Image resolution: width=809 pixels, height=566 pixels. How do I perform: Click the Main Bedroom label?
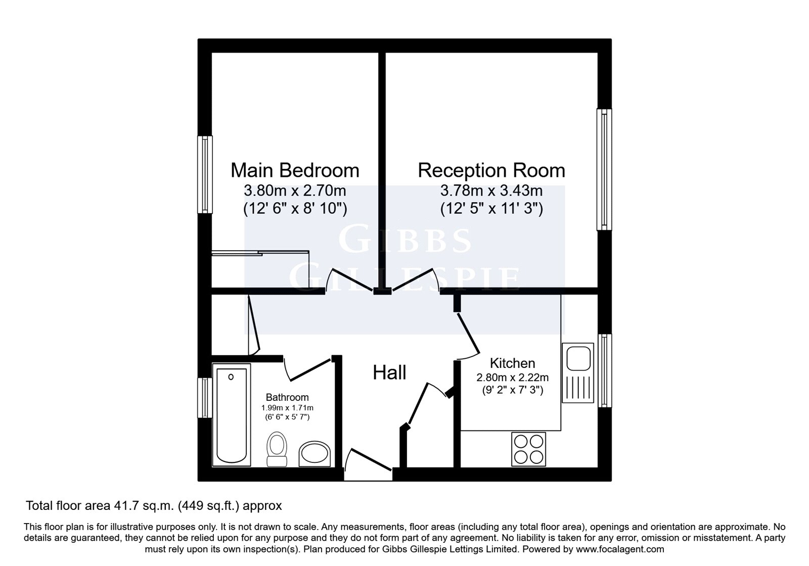click(x=295, y=170)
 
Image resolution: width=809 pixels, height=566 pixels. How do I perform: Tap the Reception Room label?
click(x=491, y=170)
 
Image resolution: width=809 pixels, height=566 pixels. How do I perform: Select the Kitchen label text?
click(x=512, y=363)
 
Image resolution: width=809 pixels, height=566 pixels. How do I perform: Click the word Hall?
click(x=389, y=372)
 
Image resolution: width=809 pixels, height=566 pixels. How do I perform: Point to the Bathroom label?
click(x=287, y=397)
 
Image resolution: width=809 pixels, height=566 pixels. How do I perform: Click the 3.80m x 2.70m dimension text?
click(x=295, y=191)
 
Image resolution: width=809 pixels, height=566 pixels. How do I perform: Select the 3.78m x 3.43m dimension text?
click(x=491, y=191)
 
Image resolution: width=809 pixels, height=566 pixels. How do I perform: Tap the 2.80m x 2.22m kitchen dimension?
click(x=512, y=377)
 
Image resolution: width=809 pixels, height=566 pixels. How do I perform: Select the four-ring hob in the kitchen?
click(x=528, y=449)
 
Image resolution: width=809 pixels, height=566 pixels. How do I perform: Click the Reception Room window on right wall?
click(x=604, y=169)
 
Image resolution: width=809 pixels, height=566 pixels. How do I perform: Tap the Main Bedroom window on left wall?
click(x=204, y=174)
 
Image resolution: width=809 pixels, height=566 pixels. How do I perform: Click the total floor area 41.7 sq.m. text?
click(x=154, y=505)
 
